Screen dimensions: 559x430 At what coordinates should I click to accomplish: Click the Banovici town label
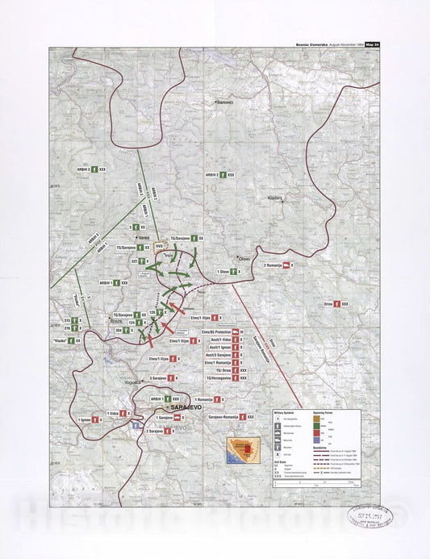coord(223,103)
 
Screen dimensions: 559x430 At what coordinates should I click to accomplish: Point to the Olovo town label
coord(244,258)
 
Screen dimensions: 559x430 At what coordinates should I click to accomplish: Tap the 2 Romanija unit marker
coord(278,265)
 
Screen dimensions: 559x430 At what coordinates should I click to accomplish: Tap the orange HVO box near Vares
coord(159,246)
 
